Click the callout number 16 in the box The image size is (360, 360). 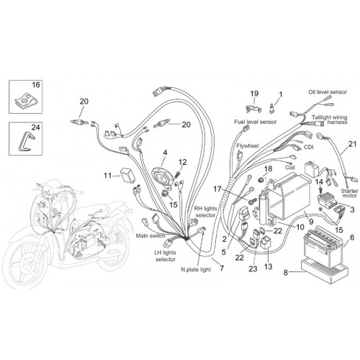[x=36, y=85]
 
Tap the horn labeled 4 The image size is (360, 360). [x=161, y=177]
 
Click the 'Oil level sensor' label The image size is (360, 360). [x=328, y=92]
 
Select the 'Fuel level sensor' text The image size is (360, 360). [x=256, y=122]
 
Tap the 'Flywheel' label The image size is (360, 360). [x=247, y=146]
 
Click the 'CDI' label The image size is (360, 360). [x=308, y=147]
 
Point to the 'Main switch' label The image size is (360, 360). [x=150, y=235]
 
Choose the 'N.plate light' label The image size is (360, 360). [x=196, y=269]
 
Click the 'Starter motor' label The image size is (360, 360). [x=350, y=194]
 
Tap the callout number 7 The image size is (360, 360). [x=222, y=268]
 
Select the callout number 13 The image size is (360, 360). [x=268, y=266]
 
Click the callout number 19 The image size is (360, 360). [x=254, y=94]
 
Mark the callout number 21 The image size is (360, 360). [x=352, y=144]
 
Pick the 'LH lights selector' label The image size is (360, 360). [x=166, y=256]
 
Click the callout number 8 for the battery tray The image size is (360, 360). [x=286, y=273]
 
